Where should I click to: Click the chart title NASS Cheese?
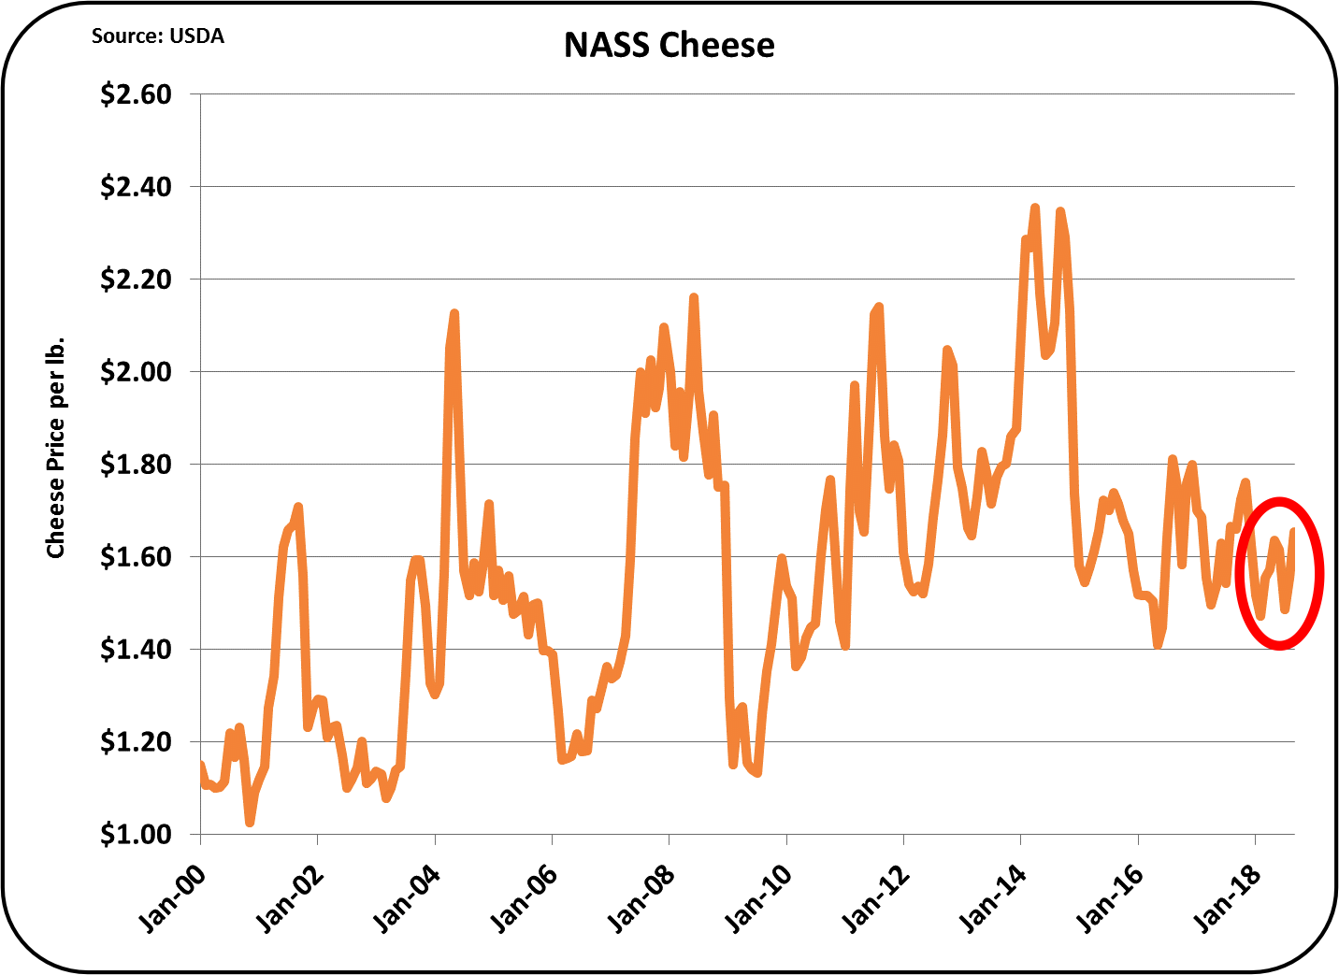click(669, 45)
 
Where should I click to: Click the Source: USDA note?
click(157, 36)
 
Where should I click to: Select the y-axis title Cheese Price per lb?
click(56, 447)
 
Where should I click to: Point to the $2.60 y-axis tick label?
click(136, 94)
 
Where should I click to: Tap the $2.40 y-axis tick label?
click(136, 187)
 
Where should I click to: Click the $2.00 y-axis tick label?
click(136, 372)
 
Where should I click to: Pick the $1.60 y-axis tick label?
click(136, 557)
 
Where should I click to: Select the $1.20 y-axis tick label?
click(136, 742)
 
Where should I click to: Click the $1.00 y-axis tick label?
click(136, 834)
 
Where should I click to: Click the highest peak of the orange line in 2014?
click(1035, 208)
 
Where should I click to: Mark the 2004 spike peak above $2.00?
click(454, 313)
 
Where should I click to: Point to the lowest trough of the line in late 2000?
click(250, 822)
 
